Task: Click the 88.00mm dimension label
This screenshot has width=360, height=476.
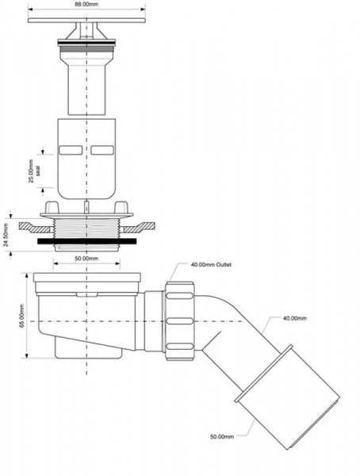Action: click(x=86, y=4)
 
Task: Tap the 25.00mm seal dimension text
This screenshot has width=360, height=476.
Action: click(x=34, y=171)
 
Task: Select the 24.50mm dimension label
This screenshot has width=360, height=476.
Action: click(x=6, y=235)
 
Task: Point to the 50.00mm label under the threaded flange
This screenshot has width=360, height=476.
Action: click(x=86, y=259)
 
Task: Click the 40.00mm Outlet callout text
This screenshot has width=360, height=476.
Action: click(x=211, y=265)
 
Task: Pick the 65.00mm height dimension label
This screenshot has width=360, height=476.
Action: click(x=22, y=316)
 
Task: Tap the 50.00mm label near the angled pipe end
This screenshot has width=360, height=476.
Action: click(x=222, y=436)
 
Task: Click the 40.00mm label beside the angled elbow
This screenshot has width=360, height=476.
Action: click(x=295, y=318)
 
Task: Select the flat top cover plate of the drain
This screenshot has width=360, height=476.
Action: click(x=86, y=20)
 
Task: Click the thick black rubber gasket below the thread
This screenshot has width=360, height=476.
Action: click(x=86, y=241)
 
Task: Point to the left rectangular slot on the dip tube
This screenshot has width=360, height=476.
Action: click(x=71, y=150)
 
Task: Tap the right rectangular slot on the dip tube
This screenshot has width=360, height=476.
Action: click(x=102, y=150)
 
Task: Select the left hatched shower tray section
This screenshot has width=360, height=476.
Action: click(x=36, y=228)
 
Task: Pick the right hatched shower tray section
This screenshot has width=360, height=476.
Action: click(x=139, y=228)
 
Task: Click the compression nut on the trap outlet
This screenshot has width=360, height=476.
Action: click(x=179, y=321)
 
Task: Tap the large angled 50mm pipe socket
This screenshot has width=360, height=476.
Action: click(x=288, y=397)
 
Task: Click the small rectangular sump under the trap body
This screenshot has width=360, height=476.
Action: click(x=89, y=348)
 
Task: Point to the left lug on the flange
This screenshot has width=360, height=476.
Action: click(x=52, y=207)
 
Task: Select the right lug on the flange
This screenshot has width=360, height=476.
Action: click(x=121, y=207)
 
